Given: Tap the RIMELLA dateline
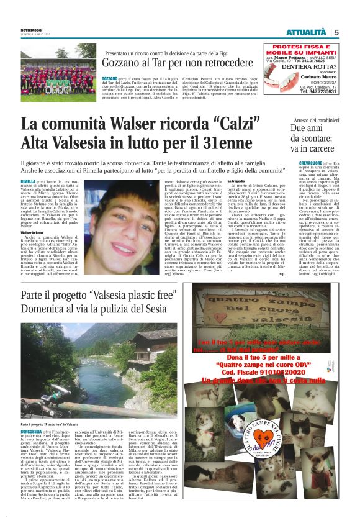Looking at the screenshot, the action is (28, 180).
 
